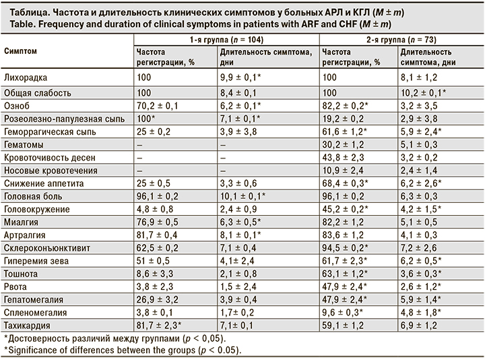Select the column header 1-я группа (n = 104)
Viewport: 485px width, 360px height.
pyautogui.click(x=226, y=40)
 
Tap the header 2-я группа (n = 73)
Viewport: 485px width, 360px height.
pyautogui.click(x=400, y=40)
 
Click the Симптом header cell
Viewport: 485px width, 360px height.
pyautogui.click(x=21, y=51)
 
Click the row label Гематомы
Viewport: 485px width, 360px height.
pyautogui.click(x=22, y=144)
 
